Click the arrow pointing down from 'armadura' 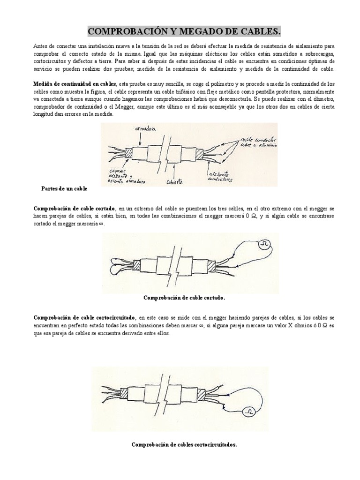click(x=139, y=138)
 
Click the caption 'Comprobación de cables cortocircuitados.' click(x=184, y=444)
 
